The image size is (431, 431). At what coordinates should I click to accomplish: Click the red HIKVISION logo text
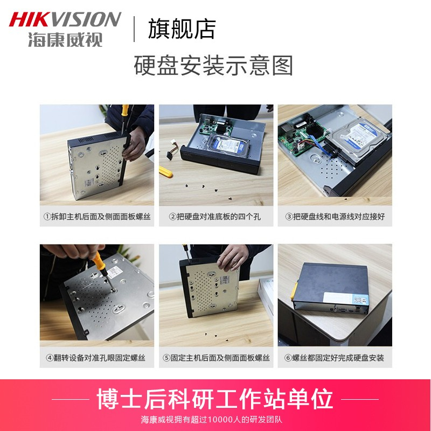pyautogui.click(x=65, y=19)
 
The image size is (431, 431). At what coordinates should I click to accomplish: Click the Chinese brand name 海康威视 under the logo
pyautogui.click(x=65, y=39)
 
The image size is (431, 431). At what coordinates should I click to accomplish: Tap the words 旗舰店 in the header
pyautogui.click(x=182, y=29)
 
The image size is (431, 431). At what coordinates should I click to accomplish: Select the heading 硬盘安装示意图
pyautogui.click(x=213, y=65)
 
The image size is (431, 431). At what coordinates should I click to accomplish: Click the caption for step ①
pyautogui.click(x=97, y=217)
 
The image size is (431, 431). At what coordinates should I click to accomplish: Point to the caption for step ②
pyautogui.click(x=214, y=217)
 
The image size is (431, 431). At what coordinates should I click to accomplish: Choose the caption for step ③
pyautogui.click(x=335, y=217)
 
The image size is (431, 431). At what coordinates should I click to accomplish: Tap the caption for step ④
pyautogui.click(x=95, y=358)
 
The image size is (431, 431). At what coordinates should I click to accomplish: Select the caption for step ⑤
pyautogui.click(x=216, y=358)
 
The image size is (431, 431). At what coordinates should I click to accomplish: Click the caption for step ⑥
pyautogui.click(x=334, y=358)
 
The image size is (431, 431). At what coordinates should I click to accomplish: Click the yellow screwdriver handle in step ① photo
pyautogui.click(x=125, y=110)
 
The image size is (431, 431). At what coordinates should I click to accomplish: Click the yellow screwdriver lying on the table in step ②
pyautogui.click(x=165, y=172)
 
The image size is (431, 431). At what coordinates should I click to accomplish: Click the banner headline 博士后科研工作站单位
pyautogui.click(x=214, y=399)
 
